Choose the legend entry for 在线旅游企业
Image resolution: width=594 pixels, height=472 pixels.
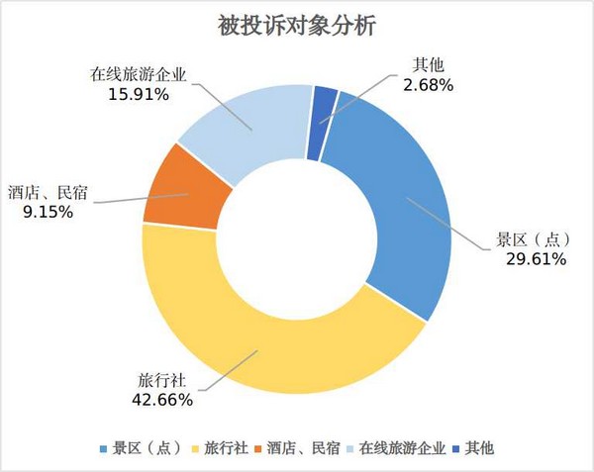401,448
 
